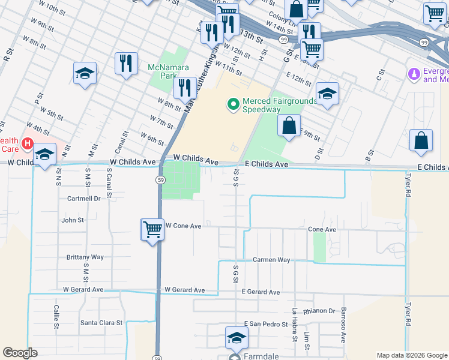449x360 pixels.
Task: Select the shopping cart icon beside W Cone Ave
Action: coord(152,229)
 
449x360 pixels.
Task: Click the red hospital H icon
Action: coord(26,144)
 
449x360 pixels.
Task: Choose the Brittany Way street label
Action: coord(85,257)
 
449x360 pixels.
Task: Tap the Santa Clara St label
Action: coord(101,322)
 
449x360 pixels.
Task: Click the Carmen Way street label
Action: coord(271,260)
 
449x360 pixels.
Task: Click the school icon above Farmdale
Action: coord(237,338)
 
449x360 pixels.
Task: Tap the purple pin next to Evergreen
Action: coord(413,74)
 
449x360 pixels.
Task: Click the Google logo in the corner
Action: coord(20,353)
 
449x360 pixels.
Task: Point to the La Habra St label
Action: coord(295,325)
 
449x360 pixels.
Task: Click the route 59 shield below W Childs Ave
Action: coord(161,179)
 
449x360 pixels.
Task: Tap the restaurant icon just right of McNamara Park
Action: coord(185,88)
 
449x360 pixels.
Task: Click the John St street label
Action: coord(72,220)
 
